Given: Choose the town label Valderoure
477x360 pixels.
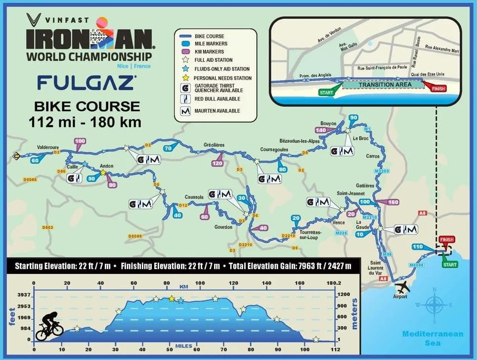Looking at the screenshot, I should coord(48,146).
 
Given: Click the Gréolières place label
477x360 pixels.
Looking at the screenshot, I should coord(214,145).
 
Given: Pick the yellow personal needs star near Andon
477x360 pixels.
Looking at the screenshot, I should coord(103,173).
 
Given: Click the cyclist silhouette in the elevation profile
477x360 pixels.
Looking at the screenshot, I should coord(49,324).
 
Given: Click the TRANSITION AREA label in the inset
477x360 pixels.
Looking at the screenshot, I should coord(379,85).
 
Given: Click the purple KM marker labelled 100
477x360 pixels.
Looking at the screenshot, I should coord(80,141).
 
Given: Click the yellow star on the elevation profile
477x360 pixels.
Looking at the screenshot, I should coord(172,298).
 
